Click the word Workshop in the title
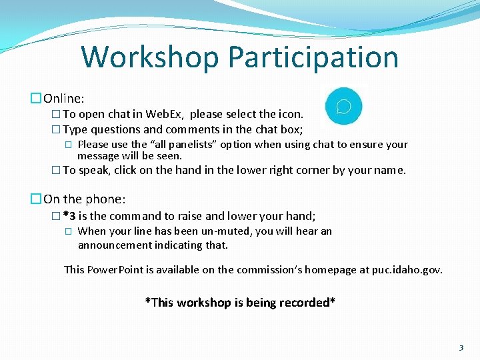pos(150,57)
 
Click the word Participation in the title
pos(313,57)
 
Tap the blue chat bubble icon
pos(343,107)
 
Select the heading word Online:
pos(64,99)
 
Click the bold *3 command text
pos(69,216)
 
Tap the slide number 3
pos(461,348)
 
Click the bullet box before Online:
pos(36,99)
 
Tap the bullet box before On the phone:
pos(36,199)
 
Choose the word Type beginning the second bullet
pos(75,130)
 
